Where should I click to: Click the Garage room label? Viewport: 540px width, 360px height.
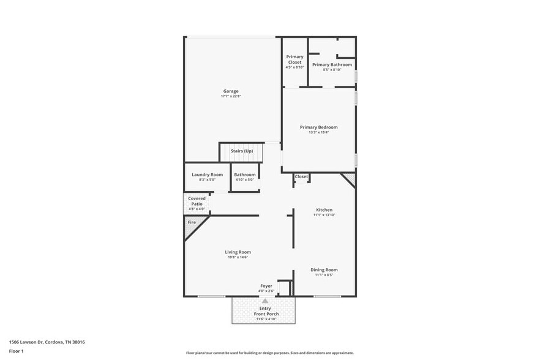(231, 91)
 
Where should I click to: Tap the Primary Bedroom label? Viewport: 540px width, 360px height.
(318, 127)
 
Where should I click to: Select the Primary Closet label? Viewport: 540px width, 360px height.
(294, 59)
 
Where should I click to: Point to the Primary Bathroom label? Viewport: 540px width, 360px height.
(332, 64)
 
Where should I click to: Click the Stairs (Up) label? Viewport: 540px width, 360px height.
(241, 151)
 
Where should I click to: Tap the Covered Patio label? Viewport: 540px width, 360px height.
(197, 201)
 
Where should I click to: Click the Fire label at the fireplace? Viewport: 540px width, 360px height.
(192, 222)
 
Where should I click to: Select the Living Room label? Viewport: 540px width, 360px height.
(238, 252)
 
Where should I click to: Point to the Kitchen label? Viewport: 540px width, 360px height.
(324, 209)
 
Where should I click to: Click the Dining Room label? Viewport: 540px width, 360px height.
(324, 269)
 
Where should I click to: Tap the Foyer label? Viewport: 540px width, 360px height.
(266, 285)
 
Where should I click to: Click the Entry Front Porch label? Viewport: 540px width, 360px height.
(265, 311)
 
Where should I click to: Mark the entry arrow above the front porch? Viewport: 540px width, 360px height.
(265, 301)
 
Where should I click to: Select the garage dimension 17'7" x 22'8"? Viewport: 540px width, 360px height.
(231, 97)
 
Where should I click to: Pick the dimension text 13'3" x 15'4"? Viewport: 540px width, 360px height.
(318, 133)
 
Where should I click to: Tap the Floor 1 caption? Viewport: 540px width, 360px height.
(16, 351)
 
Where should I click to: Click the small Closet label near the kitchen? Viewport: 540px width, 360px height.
(301, 176)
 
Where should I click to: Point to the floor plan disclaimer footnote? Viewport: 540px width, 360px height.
(269, 353)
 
